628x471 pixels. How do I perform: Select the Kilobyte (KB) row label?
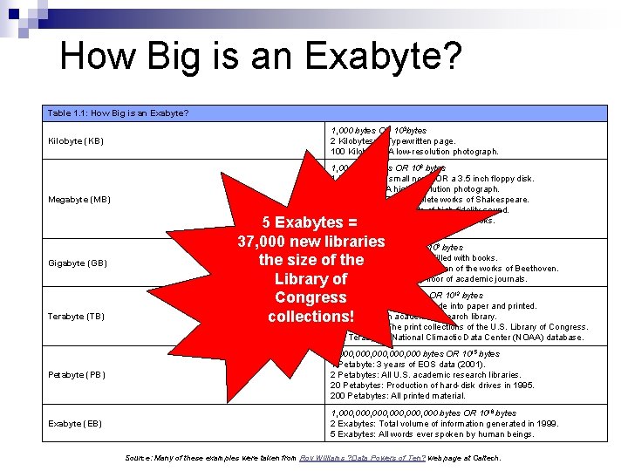[77, 141]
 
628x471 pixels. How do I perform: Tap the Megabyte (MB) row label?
[79, 200]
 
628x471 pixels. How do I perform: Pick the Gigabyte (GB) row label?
[78, 263]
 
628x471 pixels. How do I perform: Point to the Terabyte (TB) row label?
[78, 317]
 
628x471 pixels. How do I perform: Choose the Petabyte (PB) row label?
[77, 376]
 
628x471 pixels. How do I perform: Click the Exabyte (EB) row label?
[76, 424]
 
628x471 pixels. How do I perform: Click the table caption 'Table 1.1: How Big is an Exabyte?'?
[119, 113]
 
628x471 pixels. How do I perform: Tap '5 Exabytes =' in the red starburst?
[311, 222]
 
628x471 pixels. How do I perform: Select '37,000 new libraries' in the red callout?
[311, 241]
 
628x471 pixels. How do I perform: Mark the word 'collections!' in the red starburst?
[311, 317]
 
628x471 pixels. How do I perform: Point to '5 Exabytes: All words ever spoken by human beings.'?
[433, 434]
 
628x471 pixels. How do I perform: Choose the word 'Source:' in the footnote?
[140, 458]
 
